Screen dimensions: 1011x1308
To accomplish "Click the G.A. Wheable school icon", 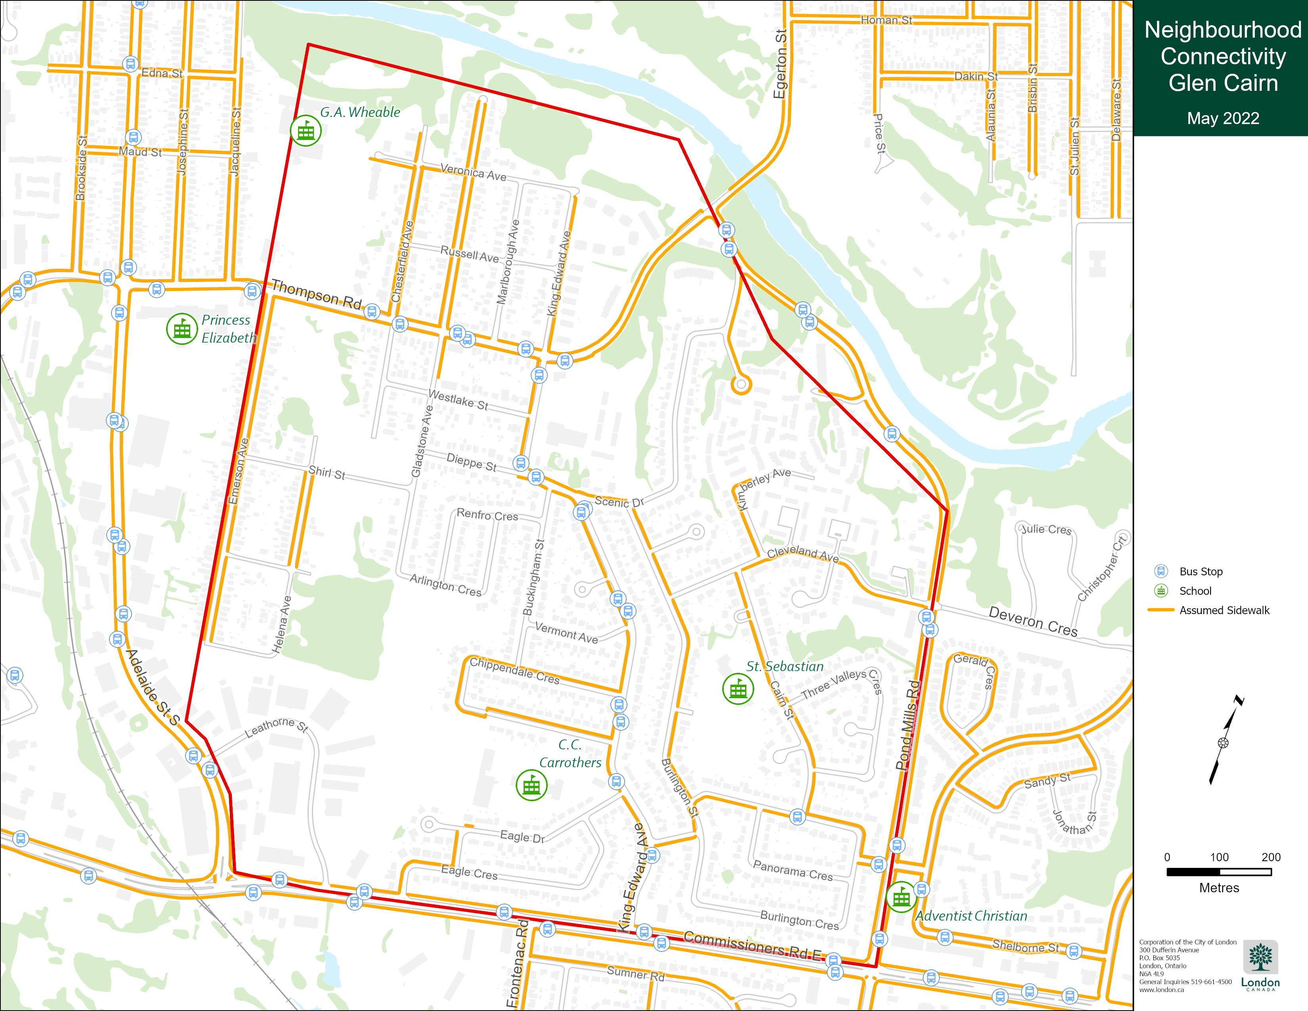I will click(306, 130).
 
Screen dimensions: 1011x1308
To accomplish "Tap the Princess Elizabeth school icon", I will click(182, 329).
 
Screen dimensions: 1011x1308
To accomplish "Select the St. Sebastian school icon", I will click(738, 689).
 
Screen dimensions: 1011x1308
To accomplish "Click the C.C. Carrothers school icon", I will click(531, 785).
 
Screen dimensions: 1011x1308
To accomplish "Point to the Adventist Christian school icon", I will click(901, 896).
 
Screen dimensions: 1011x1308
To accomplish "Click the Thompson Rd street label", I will click(317, 295).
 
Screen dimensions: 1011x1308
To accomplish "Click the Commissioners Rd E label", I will click(753, 945).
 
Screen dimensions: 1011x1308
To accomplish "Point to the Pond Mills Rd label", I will click(907, 725).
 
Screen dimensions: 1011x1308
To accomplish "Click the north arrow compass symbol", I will click(1223, 743).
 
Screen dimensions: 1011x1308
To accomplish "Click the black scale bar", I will click(1219, 872).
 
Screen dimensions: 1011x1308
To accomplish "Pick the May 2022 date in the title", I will click(1223, 118).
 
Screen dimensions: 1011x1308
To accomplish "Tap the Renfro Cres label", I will click(487, 515).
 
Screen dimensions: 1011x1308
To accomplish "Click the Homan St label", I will click(886, 20).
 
